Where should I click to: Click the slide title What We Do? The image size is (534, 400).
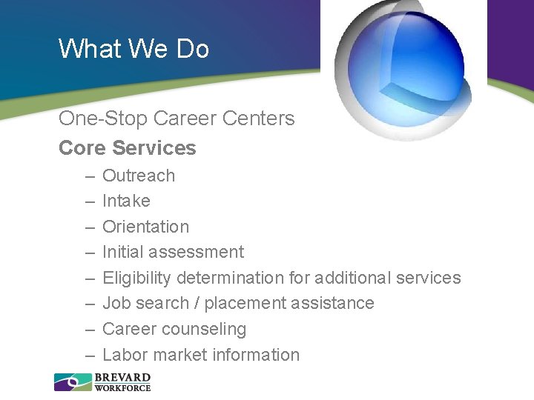(x=133, y=49)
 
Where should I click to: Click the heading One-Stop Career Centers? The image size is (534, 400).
(x=177, y=119)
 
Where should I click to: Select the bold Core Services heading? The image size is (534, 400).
(x=127, y=148)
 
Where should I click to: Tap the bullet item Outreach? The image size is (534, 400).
(x=139, y=176)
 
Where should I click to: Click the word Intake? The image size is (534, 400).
(x=126, y=201)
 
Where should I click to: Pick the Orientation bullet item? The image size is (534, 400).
(x=145, y=227)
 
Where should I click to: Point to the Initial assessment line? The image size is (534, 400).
(x=173, y=252)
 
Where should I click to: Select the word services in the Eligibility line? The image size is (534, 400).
(x=428, y=278)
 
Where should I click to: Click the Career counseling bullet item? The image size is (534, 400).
(x=174, y=329)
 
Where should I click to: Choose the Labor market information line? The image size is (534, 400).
(x=200, y=355)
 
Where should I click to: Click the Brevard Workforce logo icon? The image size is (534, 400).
(x=72, y=382)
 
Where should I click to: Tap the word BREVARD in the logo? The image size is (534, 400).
(x=122, y=378)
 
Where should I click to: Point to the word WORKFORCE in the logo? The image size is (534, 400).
(x=122, y=387)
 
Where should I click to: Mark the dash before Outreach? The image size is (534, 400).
(x=89, y=176)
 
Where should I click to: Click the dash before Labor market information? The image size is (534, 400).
(x=89, y=356)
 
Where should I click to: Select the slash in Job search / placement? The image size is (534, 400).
(x=197, y=303)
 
